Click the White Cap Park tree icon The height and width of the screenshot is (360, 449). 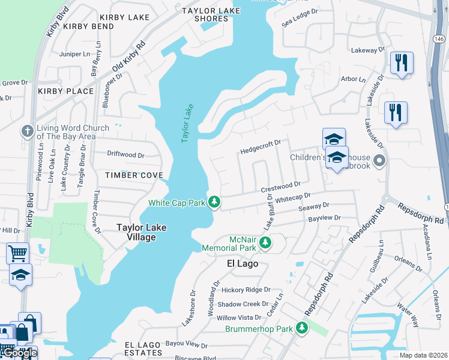tap(213, 202)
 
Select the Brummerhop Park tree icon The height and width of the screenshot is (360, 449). tap(302, 328)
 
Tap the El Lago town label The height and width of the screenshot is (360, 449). tap(243, 263)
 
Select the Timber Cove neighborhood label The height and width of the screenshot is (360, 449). tap(134, 175)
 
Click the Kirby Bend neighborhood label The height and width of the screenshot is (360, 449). tap(88, 26)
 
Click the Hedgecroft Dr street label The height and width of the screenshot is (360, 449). tap(260, 146)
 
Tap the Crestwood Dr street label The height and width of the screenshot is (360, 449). tap(280, 187)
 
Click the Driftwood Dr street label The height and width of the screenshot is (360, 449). tap(125, 155)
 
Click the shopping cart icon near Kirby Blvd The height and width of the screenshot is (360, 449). tap(17, 253)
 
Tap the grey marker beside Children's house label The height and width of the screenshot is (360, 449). tap(379, 161)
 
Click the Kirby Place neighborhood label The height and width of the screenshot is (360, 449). tap(65, 91)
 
